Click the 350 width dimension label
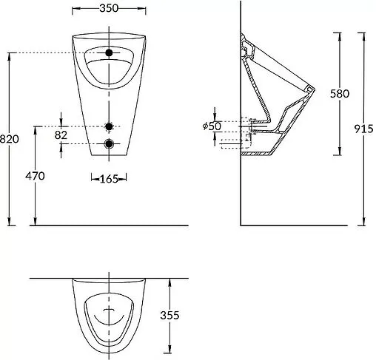coord(109,8)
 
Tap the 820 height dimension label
coord(9,139)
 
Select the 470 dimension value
coord(35,176)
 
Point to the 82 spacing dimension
coord(61,135)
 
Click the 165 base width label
coord(109,179)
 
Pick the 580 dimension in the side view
coord(340,94)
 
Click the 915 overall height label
coord(364,129)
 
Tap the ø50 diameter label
coord(212,126)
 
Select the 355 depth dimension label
coord(169,315)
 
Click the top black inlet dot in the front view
coord(109,52)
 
